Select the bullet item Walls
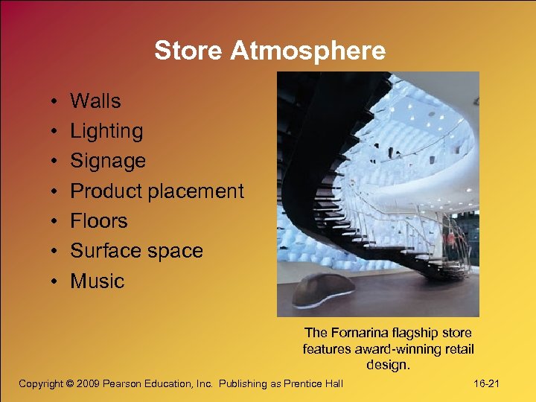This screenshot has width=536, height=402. pos(95,100)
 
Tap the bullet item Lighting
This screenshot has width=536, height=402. pos(106,131)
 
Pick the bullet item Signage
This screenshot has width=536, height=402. pos(108,162)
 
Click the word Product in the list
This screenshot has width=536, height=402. pos(105,191)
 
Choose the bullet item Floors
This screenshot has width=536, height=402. pos(99,221)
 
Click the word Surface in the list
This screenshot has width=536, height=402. pos(104,251)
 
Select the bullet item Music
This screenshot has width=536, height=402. pos(98,281)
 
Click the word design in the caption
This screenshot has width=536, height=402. pos(387,365)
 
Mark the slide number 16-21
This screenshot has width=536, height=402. pos(488,383)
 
